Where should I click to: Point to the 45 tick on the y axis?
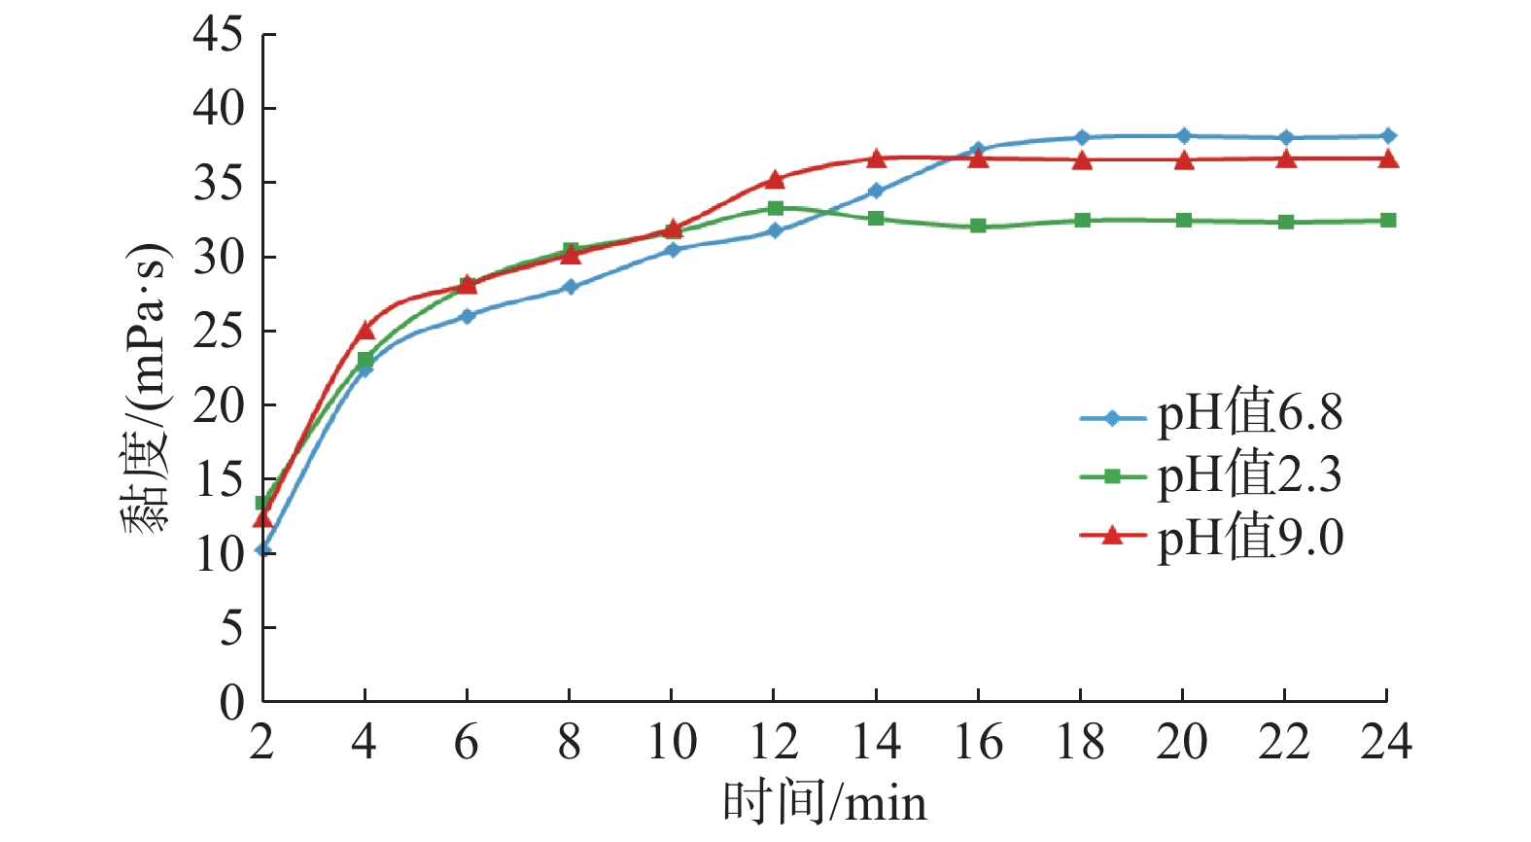point(218,35)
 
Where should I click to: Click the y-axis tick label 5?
point(231,628)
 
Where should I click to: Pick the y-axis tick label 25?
point(218,332)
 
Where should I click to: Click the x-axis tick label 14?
point(876,743)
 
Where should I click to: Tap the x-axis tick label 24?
point(1386,743)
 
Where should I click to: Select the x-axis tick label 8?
point(569,743)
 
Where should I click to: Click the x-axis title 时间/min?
point(824,804)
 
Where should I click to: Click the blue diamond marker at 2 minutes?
point(262,549)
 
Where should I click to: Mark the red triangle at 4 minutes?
point(365,331)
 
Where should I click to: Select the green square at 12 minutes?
point(775,208)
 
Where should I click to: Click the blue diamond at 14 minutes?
point(876,191)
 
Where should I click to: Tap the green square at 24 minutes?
point(1388,221)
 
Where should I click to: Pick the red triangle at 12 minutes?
point(775,179)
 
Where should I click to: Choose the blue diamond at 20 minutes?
point(1183,136)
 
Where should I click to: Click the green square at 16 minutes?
point(978,226)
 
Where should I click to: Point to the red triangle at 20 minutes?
point(1183,160)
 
